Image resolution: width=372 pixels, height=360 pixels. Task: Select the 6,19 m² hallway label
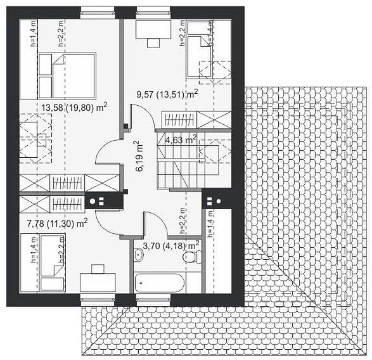point(139,156)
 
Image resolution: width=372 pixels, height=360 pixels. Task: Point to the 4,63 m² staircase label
point(181,139)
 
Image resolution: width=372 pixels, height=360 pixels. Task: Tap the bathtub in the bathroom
point(159,283)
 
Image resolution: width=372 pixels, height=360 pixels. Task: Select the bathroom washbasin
point(138,255)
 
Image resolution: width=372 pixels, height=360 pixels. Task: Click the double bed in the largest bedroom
point(67,75)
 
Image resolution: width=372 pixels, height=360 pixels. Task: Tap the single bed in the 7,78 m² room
point(53,262)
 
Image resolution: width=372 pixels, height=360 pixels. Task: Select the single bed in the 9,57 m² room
point(199,49)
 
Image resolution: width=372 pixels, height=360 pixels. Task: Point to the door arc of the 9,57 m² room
point(145,115)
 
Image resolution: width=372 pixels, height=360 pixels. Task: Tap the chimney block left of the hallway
point(104,201)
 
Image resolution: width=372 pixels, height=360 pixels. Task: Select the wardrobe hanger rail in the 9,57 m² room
point(179,120)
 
